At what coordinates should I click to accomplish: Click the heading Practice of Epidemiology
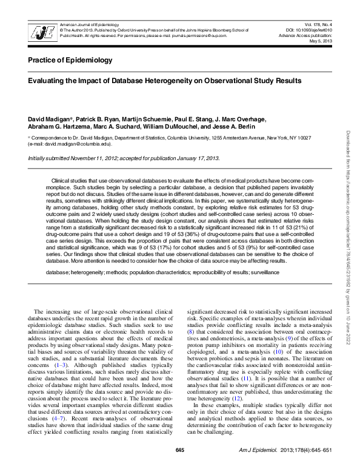(70, 60)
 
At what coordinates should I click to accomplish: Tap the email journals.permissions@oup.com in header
(199, 36)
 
